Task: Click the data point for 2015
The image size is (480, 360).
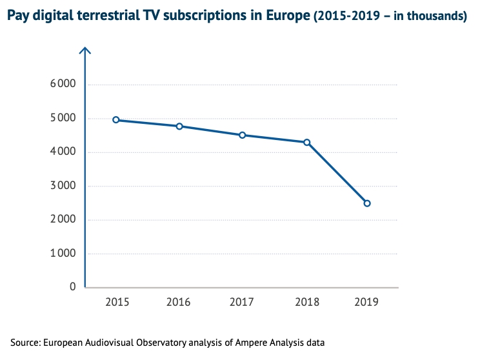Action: pos(116,120)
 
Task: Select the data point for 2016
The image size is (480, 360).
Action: pos(179,126)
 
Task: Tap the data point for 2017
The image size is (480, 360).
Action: pos(243,135)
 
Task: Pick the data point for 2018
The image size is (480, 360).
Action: pos(307,142)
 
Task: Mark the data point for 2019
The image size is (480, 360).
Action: pos(367,203)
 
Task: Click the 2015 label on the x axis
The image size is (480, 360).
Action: pos(116,301)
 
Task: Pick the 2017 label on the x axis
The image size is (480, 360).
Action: pos(243,301)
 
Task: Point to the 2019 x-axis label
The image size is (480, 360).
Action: pos(367,301)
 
